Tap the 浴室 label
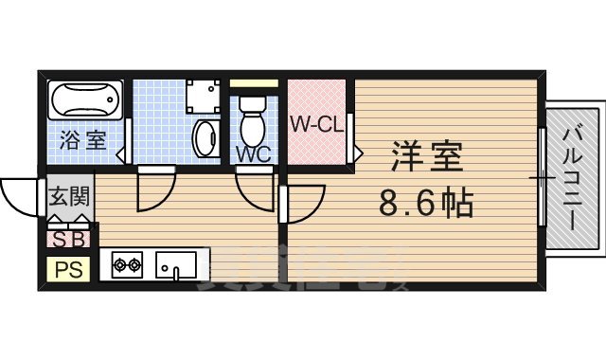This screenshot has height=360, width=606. point(83,141)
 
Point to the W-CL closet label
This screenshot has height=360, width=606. point(317,123)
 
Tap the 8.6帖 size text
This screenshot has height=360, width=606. point(426,202)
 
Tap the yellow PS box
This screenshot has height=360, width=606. point(68,269)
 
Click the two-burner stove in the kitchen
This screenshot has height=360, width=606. point(126,264)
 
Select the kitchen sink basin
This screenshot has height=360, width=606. point(174,263)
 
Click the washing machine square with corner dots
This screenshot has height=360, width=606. point(203,95)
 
